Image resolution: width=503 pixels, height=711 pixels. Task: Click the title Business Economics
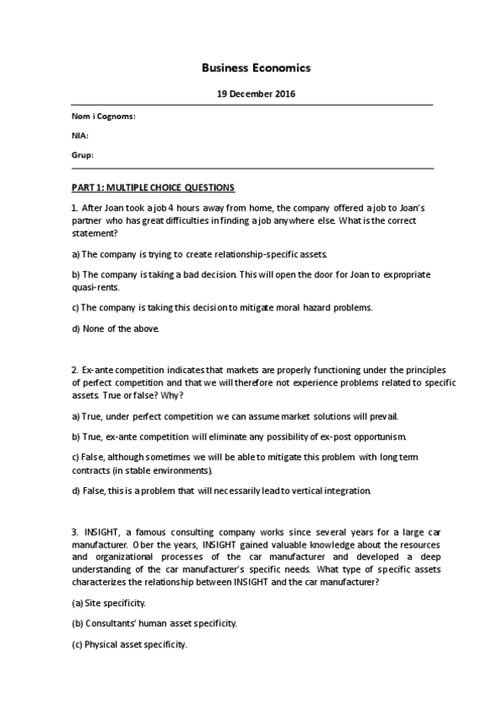click(251, 67)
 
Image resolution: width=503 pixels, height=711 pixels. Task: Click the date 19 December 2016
click(251, 94)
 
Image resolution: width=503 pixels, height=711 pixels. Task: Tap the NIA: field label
click(80, 136)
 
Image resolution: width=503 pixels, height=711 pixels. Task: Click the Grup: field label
click(82, 155)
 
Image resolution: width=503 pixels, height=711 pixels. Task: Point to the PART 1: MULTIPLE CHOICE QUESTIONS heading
click(153, 187)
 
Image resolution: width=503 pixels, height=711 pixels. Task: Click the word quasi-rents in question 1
click(95, 287)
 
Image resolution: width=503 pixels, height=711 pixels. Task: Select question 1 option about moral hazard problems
click(222, 308)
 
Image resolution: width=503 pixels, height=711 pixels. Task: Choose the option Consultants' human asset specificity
click(154, 624)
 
